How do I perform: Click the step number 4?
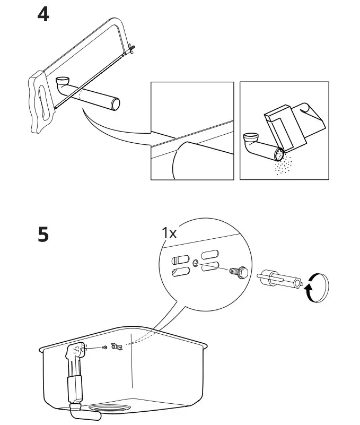43,14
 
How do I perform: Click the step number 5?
43,234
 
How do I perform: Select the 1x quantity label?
170,232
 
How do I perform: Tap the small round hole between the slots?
196,262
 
